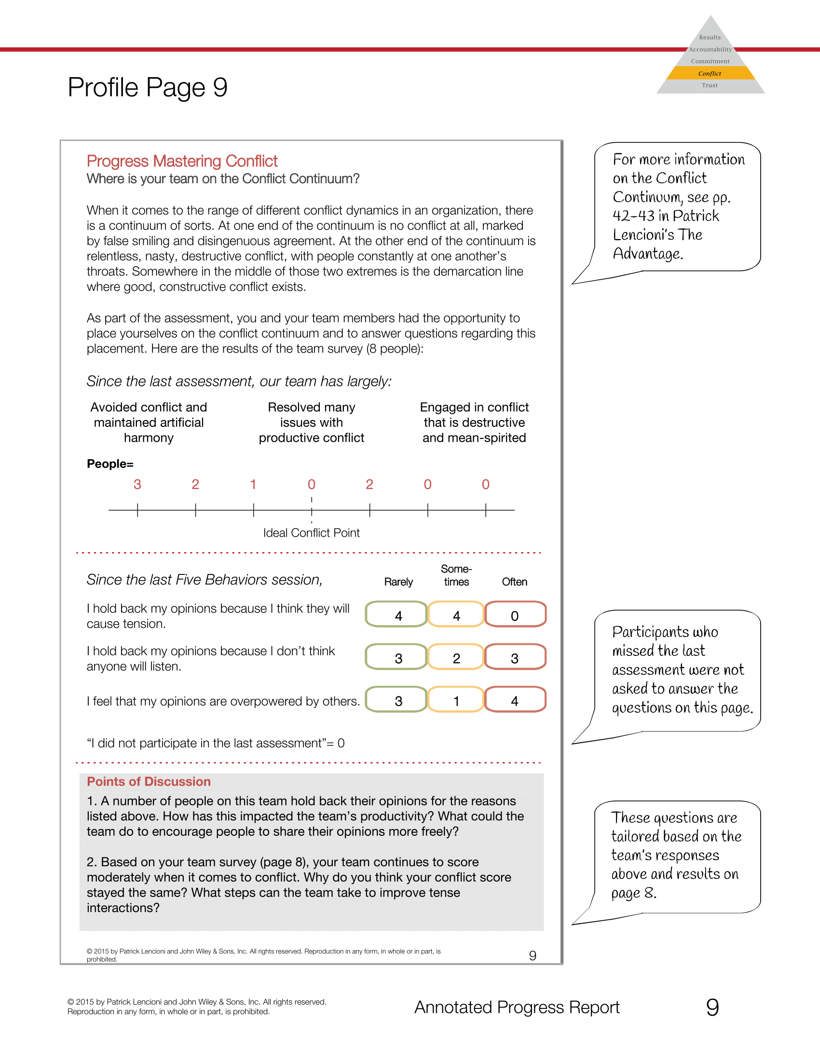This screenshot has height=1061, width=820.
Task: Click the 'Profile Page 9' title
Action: [147, 87]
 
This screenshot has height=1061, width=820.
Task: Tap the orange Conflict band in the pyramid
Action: [710, 73]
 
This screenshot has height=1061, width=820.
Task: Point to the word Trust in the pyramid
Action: [709, 85]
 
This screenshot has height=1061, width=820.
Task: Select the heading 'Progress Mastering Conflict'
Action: [182, 161]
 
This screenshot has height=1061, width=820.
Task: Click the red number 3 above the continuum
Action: [137, 484]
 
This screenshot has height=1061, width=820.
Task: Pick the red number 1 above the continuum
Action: [253, 484]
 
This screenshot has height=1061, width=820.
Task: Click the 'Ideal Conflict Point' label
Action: [312, 533]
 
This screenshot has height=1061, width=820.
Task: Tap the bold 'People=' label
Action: [110, 464]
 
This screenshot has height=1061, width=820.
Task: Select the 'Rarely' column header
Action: [398, 582]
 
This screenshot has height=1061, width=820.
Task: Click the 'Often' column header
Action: [515, 582]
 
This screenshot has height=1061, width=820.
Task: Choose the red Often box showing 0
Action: [515, 615]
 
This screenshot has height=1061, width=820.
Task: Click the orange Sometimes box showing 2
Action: [456, 658]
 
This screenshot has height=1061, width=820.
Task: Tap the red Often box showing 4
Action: [515, 700]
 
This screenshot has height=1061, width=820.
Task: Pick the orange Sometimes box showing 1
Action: [456, 700]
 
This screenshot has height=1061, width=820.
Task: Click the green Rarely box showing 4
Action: [398, 615]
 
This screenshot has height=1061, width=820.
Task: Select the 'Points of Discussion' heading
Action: [149, 782]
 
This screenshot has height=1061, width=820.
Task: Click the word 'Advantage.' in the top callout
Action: [647, 254]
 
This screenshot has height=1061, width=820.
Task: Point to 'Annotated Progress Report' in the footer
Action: [517, 1007]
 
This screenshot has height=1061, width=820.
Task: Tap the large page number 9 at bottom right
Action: [712, 1007]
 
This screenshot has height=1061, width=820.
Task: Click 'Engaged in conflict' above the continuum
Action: [474, 407]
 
